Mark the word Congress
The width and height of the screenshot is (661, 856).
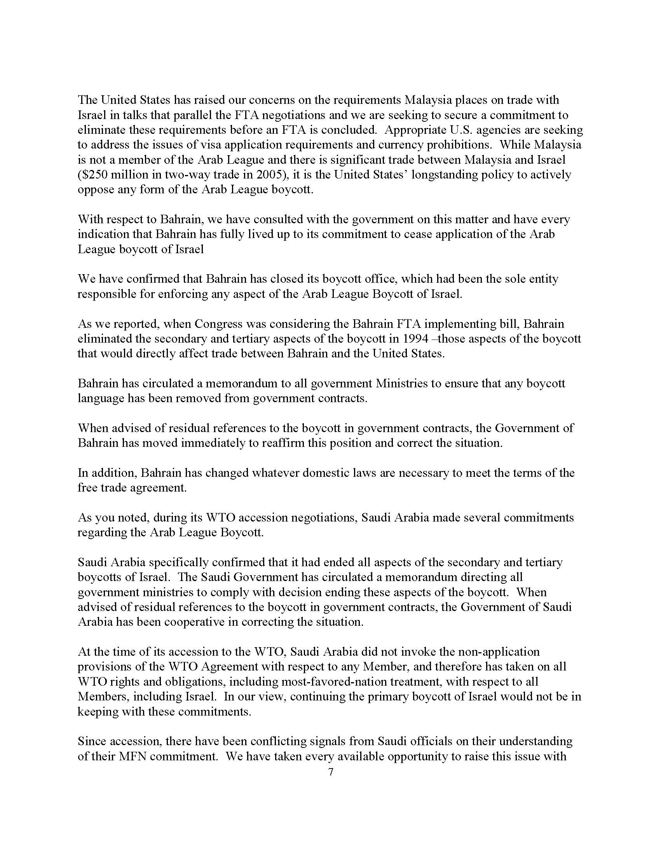point(218,324)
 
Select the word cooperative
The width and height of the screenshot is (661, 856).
point(201,622)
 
